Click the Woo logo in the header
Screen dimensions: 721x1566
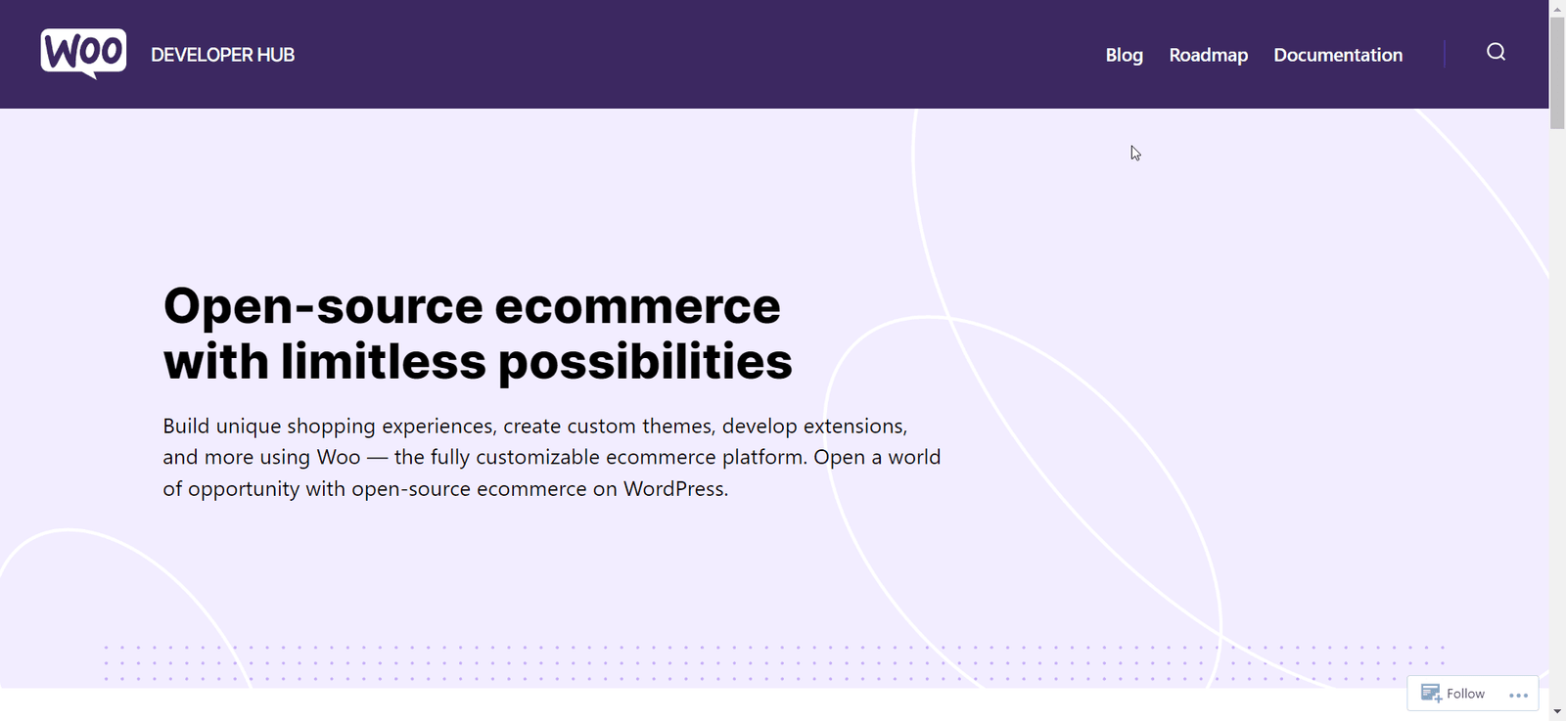[83, 53]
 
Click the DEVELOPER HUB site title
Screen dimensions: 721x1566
[222, 55]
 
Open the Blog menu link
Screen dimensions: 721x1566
[1124, 55]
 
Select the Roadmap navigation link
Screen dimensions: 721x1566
[1208, 55]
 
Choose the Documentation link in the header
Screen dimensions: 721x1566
[1337, 55]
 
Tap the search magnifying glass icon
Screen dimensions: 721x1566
[1496, 52]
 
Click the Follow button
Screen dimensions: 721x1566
[1453, 694]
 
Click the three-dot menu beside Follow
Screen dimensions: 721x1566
[1518, 695]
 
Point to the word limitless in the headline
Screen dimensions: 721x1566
[383, 361]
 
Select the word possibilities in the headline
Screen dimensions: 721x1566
[645, 361]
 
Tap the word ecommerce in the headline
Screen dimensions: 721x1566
[637, 306]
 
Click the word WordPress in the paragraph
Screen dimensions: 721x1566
[674, 489]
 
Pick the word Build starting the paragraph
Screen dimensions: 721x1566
[186, 427]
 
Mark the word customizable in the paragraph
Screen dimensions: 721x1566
[514, 458]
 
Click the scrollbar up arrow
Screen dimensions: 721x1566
[1557, 8]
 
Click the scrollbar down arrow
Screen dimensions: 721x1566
[1557, 712]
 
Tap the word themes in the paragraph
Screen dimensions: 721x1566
[676, 427]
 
